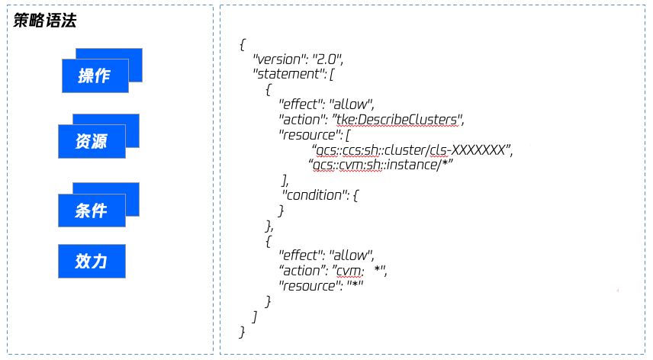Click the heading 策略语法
point(44,20)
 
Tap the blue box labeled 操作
point(95,76)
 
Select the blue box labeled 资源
point(92,142)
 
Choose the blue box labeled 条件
point(92,211)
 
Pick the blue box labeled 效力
point(92,261)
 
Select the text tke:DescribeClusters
point(397,120)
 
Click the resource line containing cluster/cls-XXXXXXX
point(412,149)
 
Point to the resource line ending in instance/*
point(381,165)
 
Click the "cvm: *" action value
point(359,271)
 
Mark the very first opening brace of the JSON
point(243,44)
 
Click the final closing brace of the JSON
point(242,332)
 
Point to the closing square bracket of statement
point(255,317)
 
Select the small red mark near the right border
point(618,290)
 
